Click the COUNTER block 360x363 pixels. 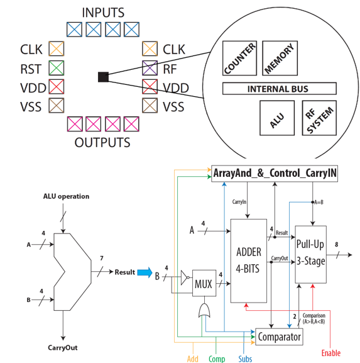click(239, 58)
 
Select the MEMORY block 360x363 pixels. click(280, 58)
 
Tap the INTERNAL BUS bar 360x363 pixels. click(280, 89)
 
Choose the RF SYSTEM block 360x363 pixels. click(319, 118)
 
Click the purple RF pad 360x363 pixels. click(150, 68)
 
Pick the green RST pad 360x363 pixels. click(56, 68)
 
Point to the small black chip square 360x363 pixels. click(104, 77)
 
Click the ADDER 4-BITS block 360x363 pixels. click(249, 260)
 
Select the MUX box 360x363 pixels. click(204, 283)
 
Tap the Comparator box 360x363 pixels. click(279, 337)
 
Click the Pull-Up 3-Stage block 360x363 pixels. click(311, 254)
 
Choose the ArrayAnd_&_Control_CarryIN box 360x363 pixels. click(275, 174)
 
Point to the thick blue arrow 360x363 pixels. click(145, 272)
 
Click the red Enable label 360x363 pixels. click(331, 353)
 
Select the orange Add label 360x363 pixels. click(193, 359)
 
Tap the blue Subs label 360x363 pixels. click(245, 359)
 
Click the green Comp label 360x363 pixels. click(217, 359)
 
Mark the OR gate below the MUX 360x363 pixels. click(204, 310)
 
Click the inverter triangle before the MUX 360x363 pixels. click(185, 277)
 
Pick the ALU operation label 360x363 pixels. click(66, 196)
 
